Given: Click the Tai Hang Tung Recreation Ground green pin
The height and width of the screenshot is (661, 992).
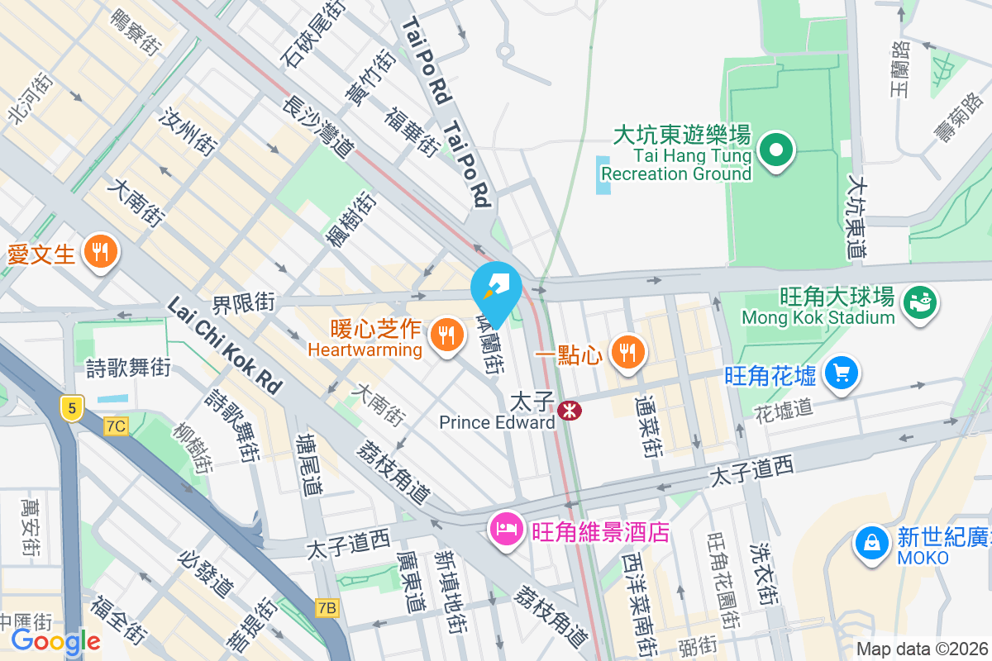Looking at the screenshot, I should click(x=778, y=150).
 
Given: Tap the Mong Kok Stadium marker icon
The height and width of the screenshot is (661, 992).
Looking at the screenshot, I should click(x=918, y=299).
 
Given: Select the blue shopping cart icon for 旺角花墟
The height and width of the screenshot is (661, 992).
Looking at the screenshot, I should click(x=842, y=373).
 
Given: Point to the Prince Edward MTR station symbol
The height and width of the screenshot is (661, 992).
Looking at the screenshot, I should click(x=569, y=410).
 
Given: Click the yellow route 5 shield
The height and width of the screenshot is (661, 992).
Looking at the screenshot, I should click(x=72, y=407).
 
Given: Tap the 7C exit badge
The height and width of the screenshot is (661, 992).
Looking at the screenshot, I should click(x=117, y=426).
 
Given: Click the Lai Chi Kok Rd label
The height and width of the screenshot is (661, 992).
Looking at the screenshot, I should click(x=224, y=345).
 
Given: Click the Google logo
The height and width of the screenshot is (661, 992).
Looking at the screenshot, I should click(x=55, y=640).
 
